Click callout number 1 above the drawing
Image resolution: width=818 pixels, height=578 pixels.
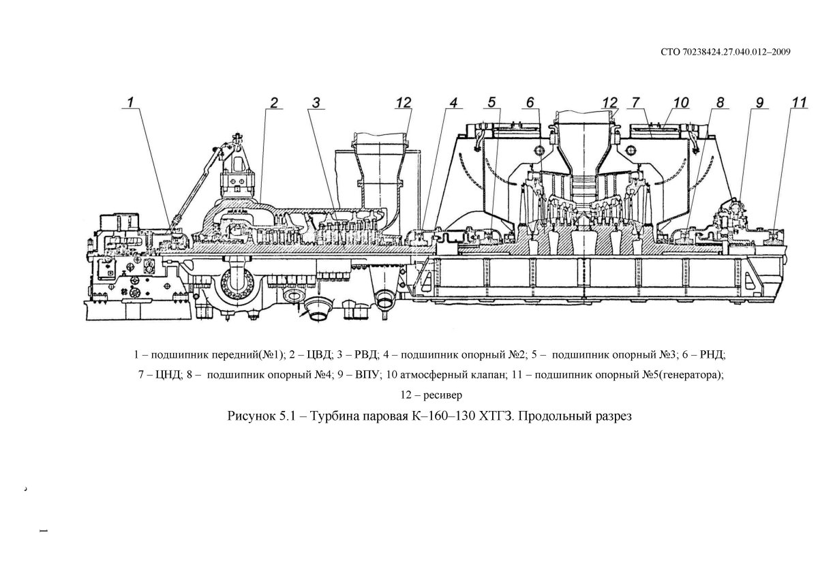pyautogui.click(x=133, y=102)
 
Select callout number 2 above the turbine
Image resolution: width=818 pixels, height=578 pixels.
pyautogui.click(x=273, y=102)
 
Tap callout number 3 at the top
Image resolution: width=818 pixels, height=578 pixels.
pyautogui.click(x=316, y=102)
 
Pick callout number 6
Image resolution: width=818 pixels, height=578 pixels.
pyautogui.click(x=528, y=102)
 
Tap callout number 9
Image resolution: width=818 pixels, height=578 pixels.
pyautogui.click(x=759, y=102)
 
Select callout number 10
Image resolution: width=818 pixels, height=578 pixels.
pyautogui.click(x=680, y=102)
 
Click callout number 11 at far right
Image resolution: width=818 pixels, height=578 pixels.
pyautogui.click(x=800, y=102)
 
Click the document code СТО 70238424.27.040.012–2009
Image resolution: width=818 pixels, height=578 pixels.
pyautogui.click(x=726, y=52)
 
